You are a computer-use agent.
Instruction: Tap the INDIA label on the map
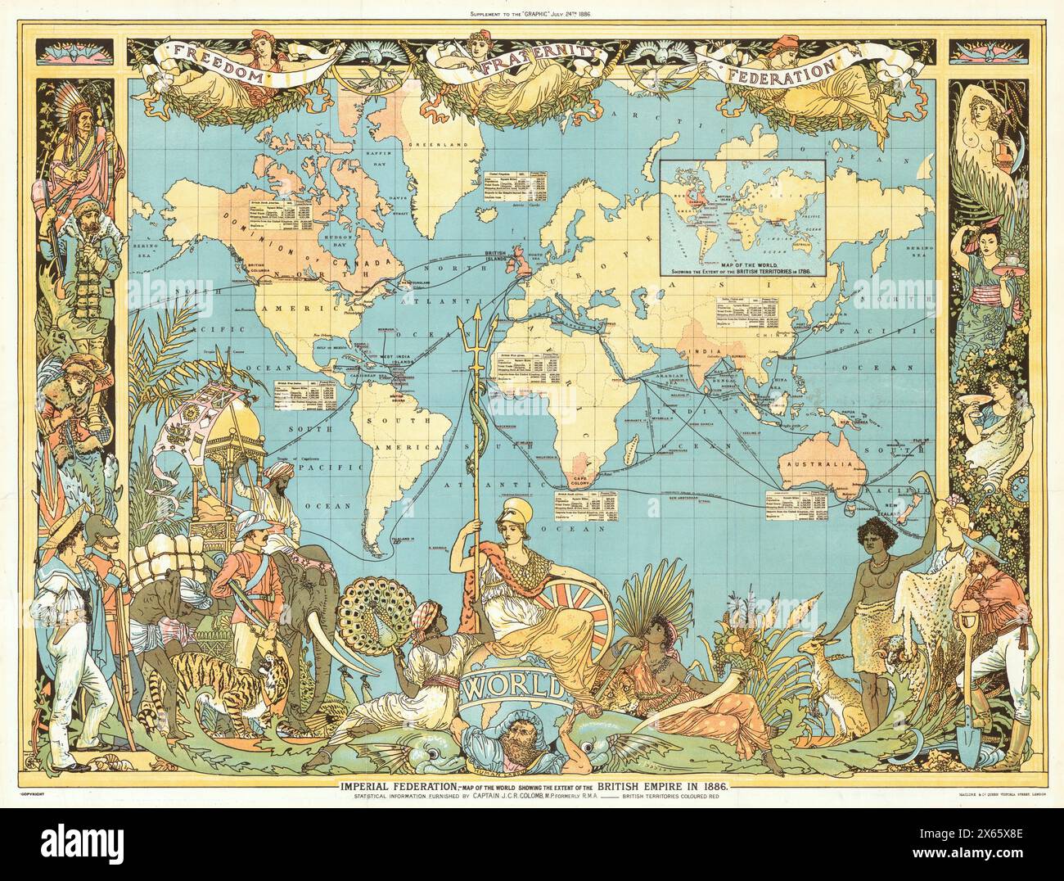(x=705, y=351)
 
